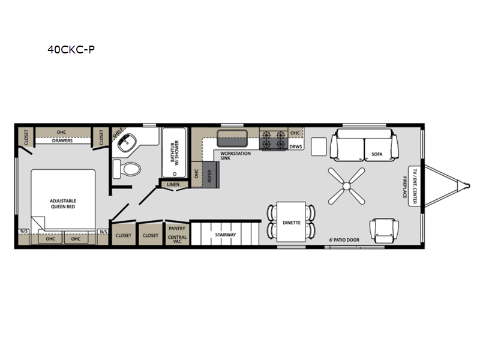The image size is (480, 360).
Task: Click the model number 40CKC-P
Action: pyautogui.click(x=71, y=50)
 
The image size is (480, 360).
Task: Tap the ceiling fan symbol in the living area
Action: pyautogui.click(x=347, y=186)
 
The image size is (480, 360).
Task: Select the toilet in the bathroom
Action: pyautogui.click(x=127, y=169)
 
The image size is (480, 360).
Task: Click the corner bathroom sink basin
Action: pyautogui.click(x=127, y=143)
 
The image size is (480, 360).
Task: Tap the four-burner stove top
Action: pyautogui.click(x=274, y=140)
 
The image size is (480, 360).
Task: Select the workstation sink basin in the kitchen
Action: pyautogui.click(x=232, y=139)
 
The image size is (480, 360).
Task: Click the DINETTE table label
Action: pyautogui.click(x=292, y=223)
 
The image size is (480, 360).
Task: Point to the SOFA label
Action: pyautogui.click(x=377, y=154)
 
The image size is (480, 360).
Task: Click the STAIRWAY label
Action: pyautogui.click(x=226, y=235)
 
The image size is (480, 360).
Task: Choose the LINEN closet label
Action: pyautogui.click(x=173, y=184)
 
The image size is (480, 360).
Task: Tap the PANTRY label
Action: pyautogui.click(x=177, y=228)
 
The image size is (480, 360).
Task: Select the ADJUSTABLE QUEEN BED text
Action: pyautogui.click(x=63, y=203)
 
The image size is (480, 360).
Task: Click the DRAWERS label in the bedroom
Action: pyautogui.click(x=62, y=141)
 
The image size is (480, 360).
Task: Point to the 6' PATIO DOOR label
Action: pyautogui.click(x=344, y=240)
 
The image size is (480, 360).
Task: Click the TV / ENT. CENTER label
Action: pyautogui.click(x=415, y=186)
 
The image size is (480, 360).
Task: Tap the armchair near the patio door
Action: pyautogui.click(x=384, y=231)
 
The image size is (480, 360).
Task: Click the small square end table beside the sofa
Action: pyautogui.click(x=319, y=146)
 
